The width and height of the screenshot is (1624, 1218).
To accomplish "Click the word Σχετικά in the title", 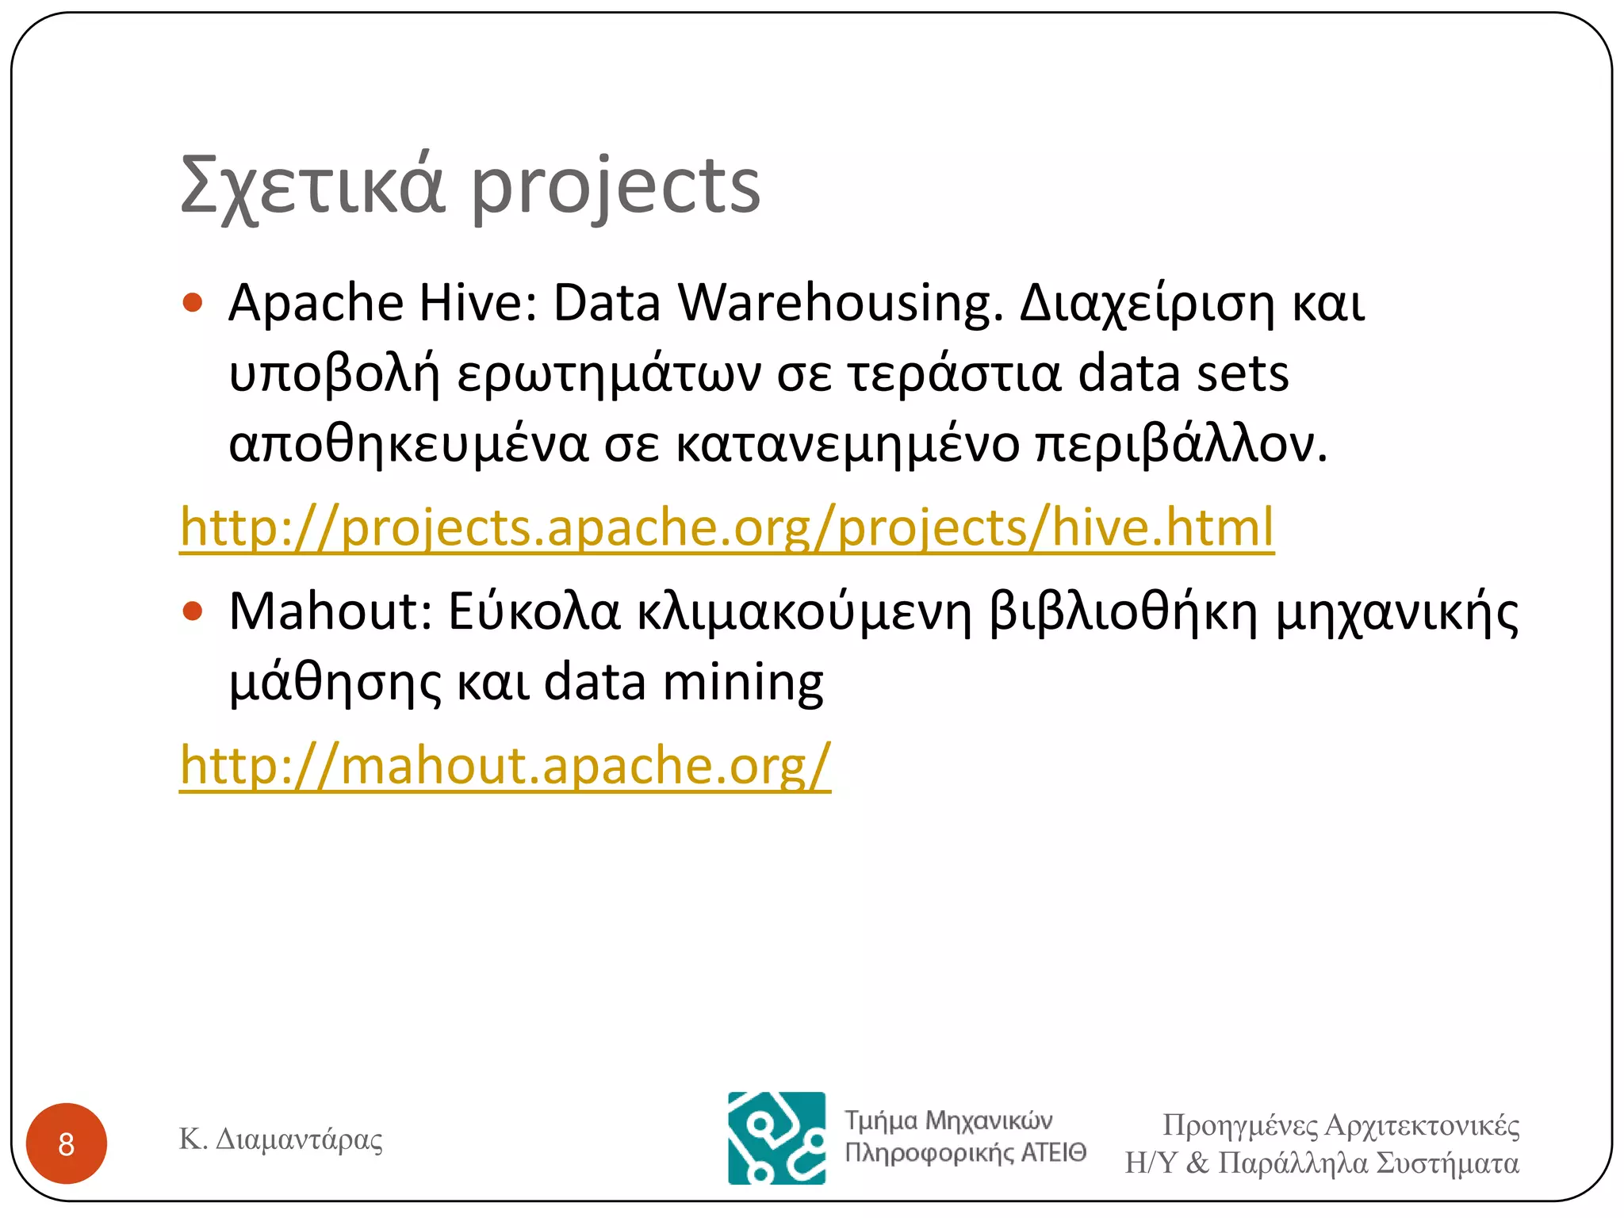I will click(312, 186).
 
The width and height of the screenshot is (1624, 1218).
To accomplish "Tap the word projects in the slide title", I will click(616, 188).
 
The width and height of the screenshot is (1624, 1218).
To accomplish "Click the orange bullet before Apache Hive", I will click(193, 302).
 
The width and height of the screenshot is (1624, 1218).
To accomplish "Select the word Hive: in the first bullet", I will click(478, 303).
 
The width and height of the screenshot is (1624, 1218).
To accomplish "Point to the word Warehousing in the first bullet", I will click(841, 304).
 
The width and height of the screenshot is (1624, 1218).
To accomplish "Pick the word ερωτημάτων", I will click(608, 374).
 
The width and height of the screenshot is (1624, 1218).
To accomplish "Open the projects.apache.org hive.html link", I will click(726, 527).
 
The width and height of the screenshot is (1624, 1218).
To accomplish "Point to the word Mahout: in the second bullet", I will click(331, 611).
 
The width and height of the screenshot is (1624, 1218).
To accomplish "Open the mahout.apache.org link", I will click(505, 765).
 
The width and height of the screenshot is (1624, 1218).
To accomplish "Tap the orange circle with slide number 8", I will click(67, 1143).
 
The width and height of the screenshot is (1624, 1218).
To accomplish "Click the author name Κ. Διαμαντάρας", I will click(281, 1139).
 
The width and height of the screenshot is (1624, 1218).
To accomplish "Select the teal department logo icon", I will click(776, 1138).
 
